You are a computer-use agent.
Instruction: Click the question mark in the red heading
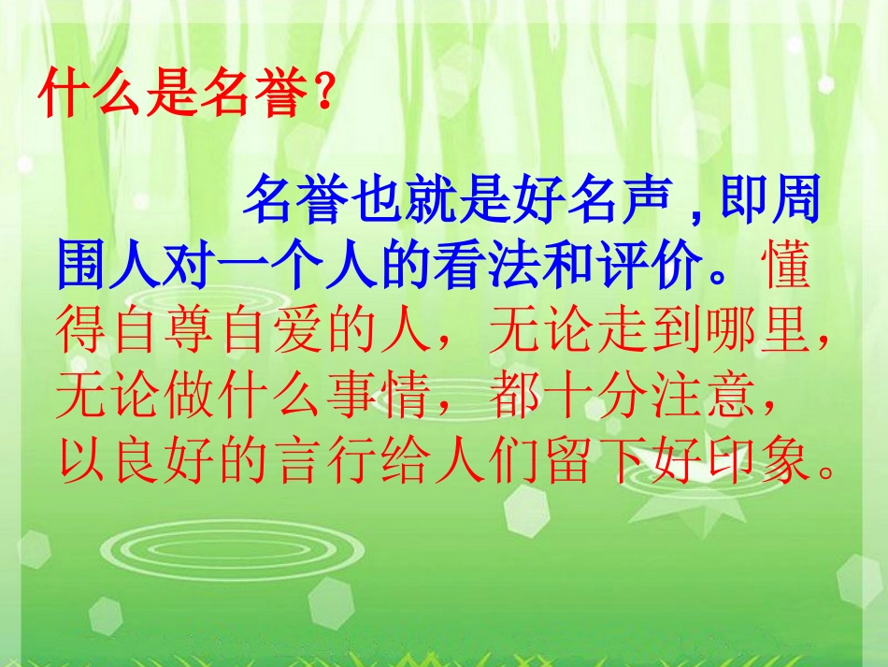click(x=322, y=96)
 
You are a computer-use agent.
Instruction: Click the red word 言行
click(x=342, y=460)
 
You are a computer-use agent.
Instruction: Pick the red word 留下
click(x=599, y=460)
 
